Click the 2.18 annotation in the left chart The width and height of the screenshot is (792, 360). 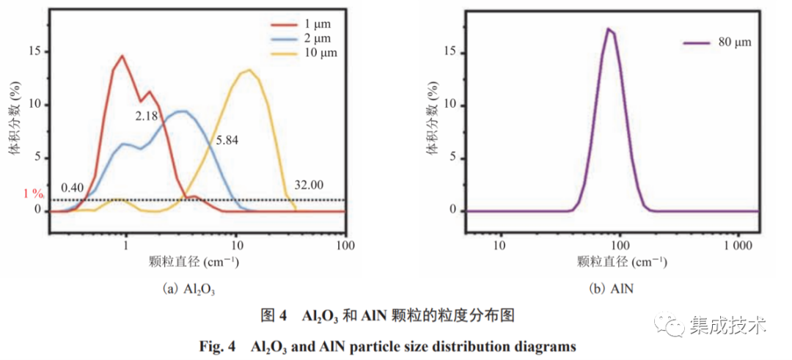coord(147,116)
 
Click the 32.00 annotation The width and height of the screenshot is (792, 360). coord(308,185)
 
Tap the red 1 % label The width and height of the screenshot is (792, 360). coord(34,194)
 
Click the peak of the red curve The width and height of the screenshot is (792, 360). coord(122,56)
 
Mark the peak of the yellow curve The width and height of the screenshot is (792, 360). coord(249,70)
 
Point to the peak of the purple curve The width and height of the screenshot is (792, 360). coord(608,29)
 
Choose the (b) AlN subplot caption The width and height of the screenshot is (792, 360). coord(612,289)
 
